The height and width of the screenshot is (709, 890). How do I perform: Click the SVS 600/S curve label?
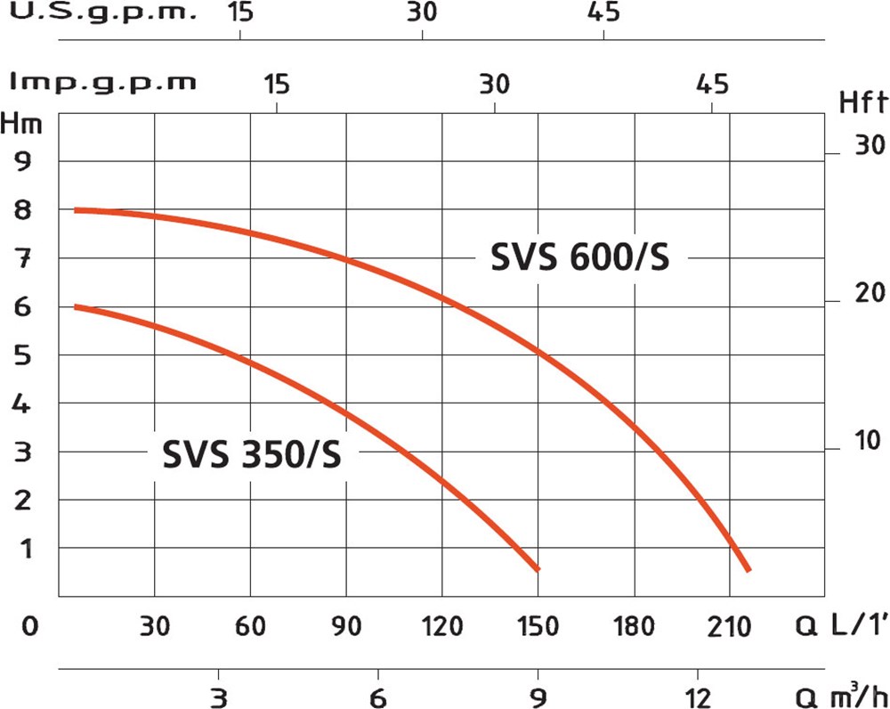pyautogui.click(x=579, y=258)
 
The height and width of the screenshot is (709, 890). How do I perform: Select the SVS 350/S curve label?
pyautogui.click(x=251, y=456)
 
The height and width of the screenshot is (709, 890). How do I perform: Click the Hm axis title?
pyautogui.click(x=21, y=123)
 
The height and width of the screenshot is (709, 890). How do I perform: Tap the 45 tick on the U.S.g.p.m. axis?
pyautogui.click(x=603, y=13)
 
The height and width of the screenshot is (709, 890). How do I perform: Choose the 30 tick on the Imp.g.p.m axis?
pyautogui.click(x=494, y=84)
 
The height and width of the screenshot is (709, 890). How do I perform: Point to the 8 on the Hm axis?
pyautogui.click(x=20, y=210)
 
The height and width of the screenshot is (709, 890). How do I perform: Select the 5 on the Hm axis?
pyautogui.click(x=20, y=355)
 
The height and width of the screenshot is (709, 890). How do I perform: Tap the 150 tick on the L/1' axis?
pyautogui.click(x=538, y=627)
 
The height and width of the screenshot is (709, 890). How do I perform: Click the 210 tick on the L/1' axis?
pyautogui.click(x=730, y=627)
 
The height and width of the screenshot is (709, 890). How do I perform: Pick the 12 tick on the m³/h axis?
pyautogui.click(x=697, y=696)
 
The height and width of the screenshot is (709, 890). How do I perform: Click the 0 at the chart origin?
pyautogui.click(x=29, y=627)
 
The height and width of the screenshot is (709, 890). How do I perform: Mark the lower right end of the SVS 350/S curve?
pyautogui.click(x=537, y=568)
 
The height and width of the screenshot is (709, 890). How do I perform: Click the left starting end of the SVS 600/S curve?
pyautogui.click(x=77, y=210)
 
